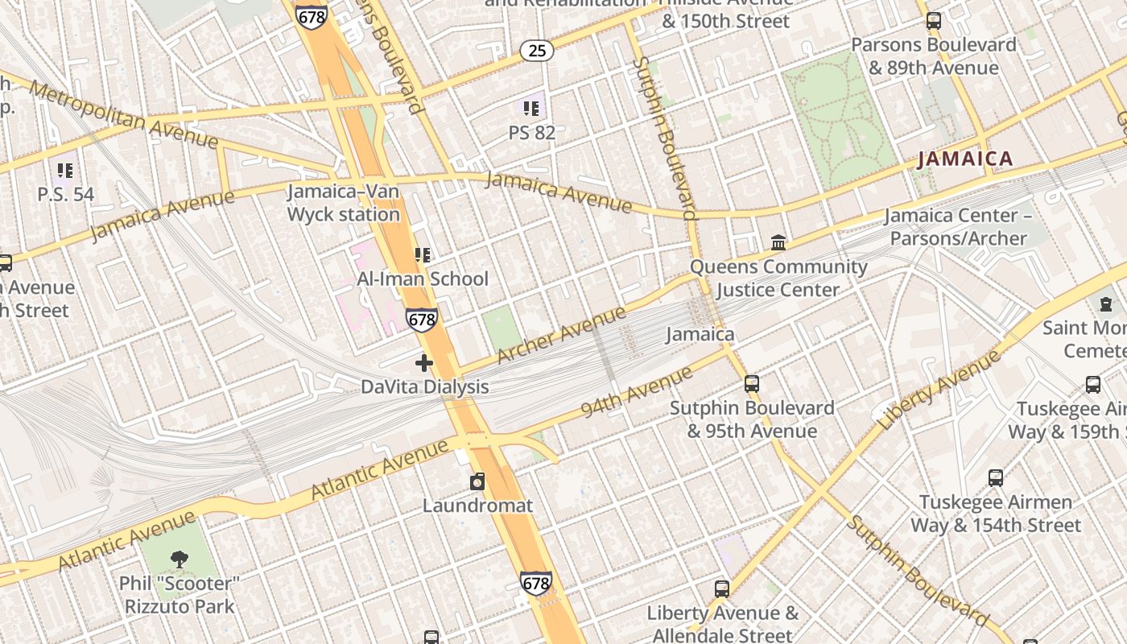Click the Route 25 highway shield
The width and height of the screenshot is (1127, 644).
(x=537, y=51)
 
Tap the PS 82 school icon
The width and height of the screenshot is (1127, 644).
(x=531, y=108)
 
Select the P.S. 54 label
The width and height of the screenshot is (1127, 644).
(x=65, y=194)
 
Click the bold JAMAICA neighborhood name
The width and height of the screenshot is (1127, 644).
(x=965, y=159)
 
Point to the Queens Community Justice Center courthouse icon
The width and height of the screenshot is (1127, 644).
(x=778, y=242)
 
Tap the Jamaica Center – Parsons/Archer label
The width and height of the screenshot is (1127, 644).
(x=957, y=227)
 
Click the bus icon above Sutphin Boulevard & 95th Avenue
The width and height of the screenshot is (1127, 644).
(x=752, y=384)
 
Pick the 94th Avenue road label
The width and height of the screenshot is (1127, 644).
(x=637, y=392)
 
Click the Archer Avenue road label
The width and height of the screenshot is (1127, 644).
(x=561, y=335)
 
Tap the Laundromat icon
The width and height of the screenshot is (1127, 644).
(x=477, y=482)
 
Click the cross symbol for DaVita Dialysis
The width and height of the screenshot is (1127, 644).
(x=424, y=363)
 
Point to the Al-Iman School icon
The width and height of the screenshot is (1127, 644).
(x=423, y=255)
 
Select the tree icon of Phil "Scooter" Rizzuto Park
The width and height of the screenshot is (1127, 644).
(x=179, y=559)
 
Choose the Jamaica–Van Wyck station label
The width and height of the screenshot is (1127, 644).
(x=344, y=203)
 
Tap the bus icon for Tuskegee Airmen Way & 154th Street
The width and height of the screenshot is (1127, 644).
(x=996, y=478)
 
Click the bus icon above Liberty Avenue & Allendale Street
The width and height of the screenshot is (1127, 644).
(x=722, y=589)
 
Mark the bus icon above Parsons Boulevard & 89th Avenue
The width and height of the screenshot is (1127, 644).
(x=934, y=21)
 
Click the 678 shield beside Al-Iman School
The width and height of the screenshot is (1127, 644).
(x=421, y=320)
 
